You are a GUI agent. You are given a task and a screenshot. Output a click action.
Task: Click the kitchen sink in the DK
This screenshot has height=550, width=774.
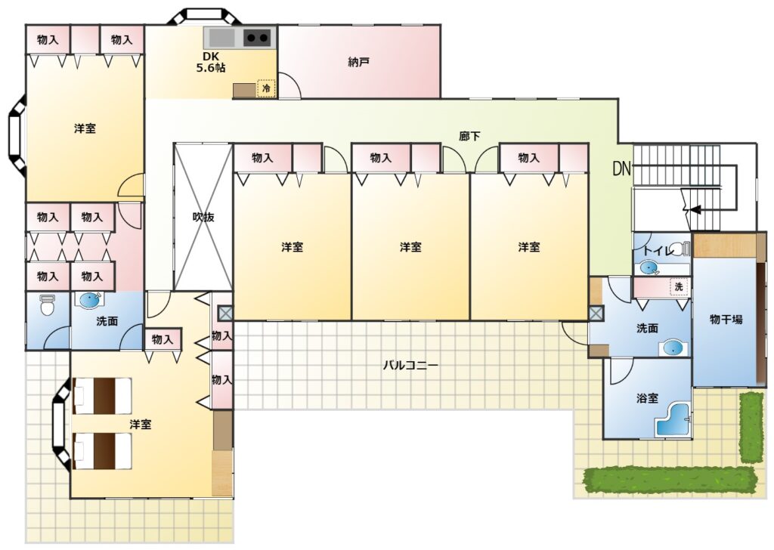click(222, 38)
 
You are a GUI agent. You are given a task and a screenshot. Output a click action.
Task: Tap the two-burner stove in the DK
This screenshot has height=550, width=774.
click(258, 38)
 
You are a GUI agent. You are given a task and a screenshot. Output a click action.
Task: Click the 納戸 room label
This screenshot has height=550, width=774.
click(359, 62)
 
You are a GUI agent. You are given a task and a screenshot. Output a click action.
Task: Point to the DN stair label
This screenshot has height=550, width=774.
click(621, 169)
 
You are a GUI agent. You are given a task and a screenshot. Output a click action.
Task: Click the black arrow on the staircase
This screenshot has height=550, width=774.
click(695, 209)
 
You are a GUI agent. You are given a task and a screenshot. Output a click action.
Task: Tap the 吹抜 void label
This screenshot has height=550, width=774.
click(203, 217)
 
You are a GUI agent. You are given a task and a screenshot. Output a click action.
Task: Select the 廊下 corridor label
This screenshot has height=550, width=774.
click(469, 136)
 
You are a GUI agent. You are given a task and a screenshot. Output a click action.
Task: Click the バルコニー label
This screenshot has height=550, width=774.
click(410, 366)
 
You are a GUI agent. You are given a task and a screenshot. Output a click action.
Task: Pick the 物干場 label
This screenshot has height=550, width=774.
click(726, 319)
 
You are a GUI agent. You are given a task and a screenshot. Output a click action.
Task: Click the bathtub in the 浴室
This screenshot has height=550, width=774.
click(673, 420)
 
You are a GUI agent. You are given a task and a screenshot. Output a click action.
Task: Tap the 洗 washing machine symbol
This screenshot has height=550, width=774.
click(679, 287)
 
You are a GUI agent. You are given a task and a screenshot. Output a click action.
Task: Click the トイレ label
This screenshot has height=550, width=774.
click(658, 251)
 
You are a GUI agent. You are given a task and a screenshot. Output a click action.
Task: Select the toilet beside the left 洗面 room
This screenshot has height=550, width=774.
click(48, 305)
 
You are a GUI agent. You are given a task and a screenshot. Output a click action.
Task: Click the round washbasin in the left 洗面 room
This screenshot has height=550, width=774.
click(90, 301)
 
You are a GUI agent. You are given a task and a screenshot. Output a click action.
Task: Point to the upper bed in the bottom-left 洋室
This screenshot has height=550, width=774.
click(102, 396)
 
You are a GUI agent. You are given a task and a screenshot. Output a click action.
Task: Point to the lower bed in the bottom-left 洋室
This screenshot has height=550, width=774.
click(102, 451)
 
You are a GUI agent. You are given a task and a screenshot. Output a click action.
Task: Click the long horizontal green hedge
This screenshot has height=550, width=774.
click(670, 480)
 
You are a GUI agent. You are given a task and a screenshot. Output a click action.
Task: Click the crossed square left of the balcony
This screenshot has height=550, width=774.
click(225, 313)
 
